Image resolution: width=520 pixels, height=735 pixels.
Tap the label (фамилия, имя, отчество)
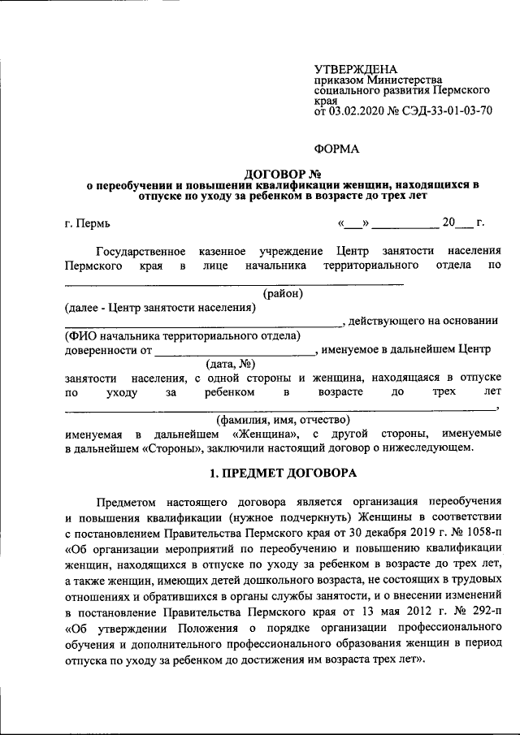284,420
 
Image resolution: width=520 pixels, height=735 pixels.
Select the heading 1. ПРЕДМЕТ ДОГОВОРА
284,472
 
